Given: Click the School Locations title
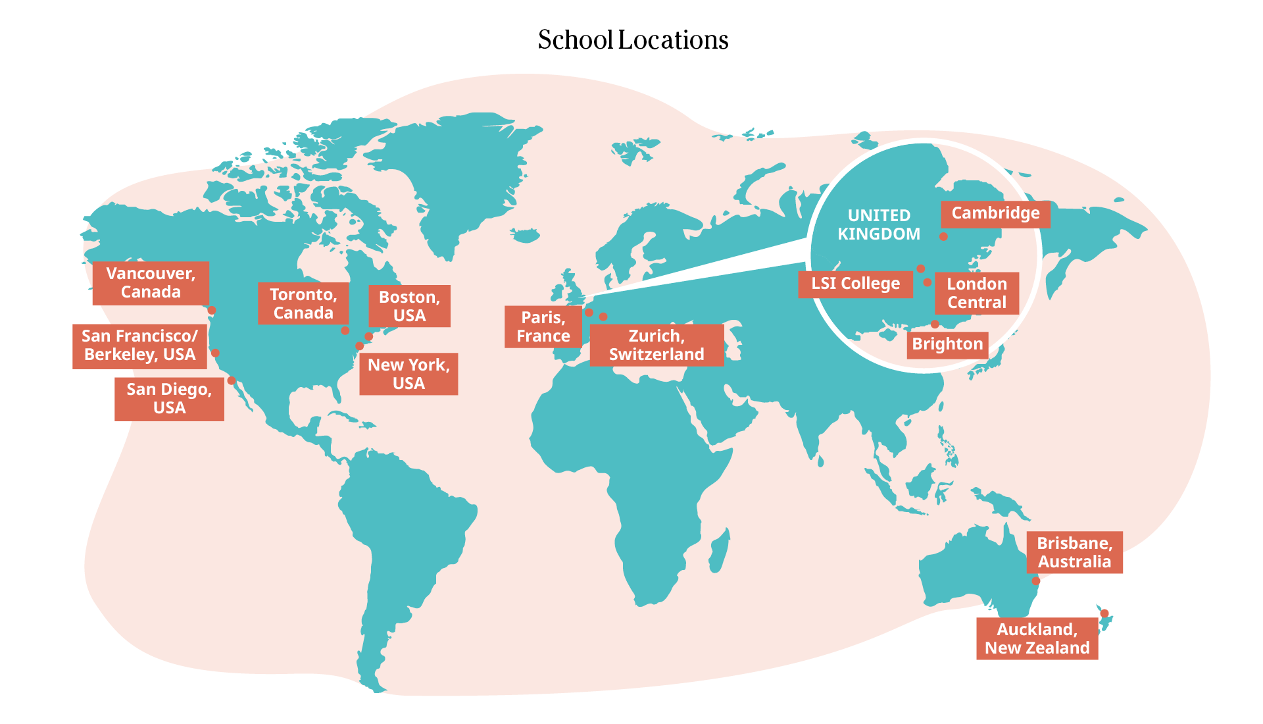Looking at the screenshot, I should tap(633, 40).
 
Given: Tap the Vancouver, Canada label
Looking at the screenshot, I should tap(151, 283).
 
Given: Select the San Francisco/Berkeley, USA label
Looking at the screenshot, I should tap(139, 346).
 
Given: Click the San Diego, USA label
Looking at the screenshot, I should tap(169, 399).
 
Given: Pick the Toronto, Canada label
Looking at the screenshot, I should tap(303, 303).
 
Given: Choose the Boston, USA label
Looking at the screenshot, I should tap(409, 306).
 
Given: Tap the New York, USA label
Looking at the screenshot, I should tap(409, 374).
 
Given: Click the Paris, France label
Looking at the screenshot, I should tap(543, 326).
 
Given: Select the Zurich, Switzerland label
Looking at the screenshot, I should tap(656, 345).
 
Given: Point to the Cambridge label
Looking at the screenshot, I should tap(995, 213).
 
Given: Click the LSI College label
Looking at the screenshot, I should tap(855, 284).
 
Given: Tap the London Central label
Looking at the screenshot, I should tap(976, 293).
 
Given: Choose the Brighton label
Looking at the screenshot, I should tap(947, 344).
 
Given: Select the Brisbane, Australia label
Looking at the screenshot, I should tap(1074, 552).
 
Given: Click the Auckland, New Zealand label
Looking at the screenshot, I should tap(1037, 638).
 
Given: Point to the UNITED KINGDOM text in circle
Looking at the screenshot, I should tap(879, 224).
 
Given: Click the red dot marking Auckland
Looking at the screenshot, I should tap(1104, 613).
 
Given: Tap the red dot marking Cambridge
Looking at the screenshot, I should tap(943, 236).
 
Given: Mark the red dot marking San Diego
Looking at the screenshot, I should tap(232, 380).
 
